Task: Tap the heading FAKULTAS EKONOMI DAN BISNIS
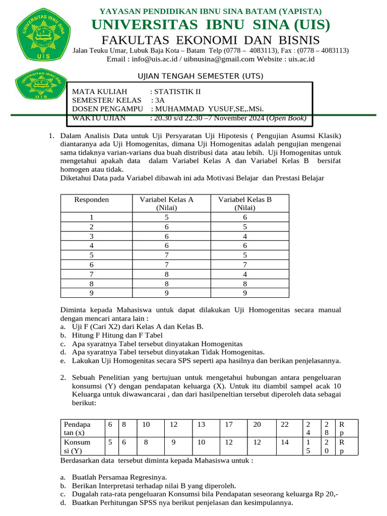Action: (x=211, y=40)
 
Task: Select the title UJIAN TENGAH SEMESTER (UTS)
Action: (x=201, y=76)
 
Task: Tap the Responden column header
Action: (x=92, y=200)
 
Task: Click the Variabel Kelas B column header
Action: (x=245, y=203)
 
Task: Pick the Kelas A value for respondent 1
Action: (x=167, y=217)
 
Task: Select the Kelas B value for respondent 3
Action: (x=245, y=236)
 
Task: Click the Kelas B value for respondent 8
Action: (x=245, y=284)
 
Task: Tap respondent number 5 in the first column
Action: (x=92, y=255)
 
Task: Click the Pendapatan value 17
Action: (x=229, y=425)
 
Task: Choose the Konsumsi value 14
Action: (x=285, y=442)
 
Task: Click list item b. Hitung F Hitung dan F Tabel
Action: (x=117, y=335)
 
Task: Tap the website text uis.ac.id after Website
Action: (x=301, y=59)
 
